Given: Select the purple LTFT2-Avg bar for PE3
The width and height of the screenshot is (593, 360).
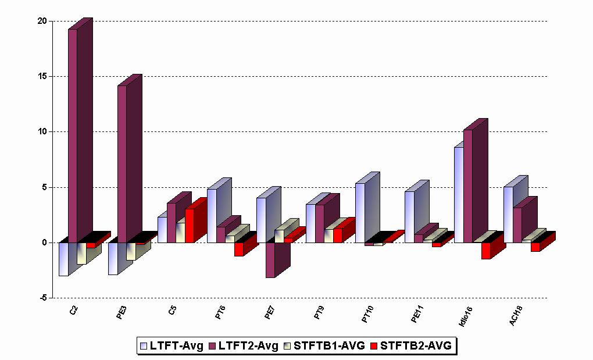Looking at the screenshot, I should [122, 163].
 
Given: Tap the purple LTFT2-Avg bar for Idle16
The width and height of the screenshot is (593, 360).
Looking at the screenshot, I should [467, 186].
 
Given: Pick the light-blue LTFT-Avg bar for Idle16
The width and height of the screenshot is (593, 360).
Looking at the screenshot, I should [459, 195].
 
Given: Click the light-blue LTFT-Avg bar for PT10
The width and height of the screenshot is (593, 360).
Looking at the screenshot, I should [360, 212].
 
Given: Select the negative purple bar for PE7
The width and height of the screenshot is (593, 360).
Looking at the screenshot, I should [270, 260].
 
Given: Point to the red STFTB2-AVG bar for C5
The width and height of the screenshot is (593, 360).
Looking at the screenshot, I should [190, 225].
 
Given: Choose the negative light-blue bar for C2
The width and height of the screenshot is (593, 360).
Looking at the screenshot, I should [63, 259].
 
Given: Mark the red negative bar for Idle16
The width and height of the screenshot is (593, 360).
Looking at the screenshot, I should [486, 251].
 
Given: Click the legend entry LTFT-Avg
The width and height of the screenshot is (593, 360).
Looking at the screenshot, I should [172, 346].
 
